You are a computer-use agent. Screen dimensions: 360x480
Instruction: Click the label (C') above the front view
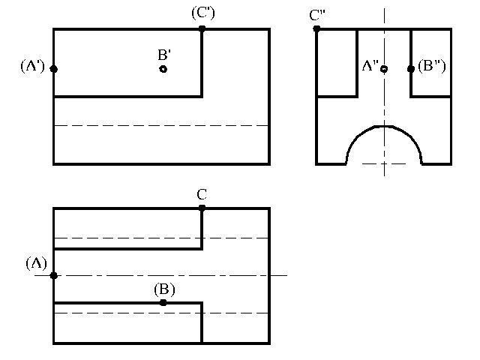coord(202,13)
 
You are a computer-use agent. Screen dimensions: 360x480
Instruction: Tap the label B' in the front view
coord(164,55)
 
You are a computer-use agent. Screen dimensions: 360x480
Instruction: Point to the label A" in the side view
coord(369,66)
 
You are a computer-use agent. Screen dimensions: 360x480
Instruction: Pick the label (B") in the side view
coord(431,66)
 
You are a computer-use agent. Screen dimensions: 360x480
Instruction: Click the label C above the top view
coord(202,195)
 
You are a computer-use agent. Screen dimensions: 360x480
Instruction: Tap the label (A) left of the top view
coord(37,263)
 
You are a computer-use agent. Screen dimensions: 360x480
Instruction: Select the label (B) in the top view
coord(164,289)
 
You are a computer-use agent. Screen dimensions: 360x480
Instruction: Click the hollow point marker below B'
coord(163,69)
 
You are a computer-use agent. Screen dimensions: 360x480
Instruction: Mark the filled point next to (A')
coord(54,69)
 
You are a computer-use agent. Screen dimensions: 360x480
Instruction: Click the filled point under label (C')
coord(202,29)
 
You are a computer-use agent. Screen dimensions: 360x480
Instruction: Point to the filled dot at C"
coord(316,29)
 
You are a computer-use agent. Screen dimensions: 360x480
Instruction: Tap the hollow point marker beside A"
coord(384,69)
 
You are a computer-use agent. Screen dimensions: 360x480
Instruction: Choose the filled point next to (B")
coord(411,69)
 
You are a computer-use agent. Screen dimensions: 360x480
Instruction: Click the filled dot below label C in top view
coord(202,208)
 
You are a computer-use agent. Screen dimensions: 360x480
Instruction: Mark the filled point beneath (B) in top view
coord(163,303)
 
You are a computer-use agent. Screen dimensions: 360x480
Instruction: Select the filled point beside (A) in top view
coord(54,275)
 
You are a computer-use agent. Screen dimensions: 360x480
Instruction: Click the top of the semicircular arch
coord(384,126)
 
